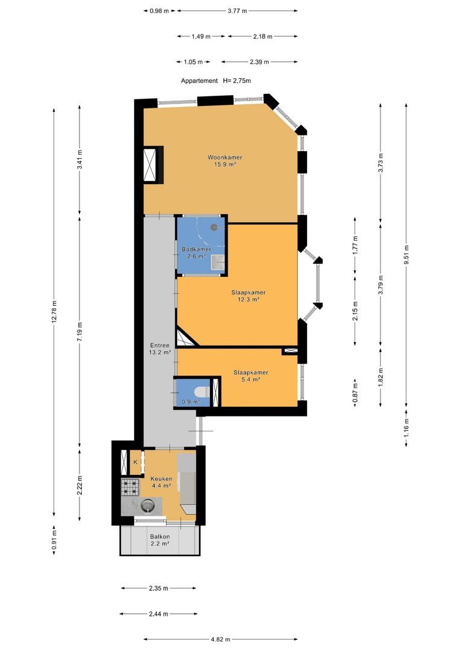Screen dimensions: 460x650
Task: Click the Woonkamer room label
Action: coord(225,158)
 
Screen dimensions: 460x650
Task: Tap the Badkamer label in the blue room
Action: coord(196,250)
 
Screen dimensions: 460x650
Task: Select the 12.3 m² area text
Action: coord(249,299)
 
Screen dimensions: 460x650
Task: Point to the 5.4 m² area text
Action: coord(250,379)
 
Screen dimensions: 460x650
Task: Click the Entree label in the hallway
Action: coord(160,345)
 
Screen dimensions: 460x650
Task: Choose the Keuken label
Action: coord(161,479)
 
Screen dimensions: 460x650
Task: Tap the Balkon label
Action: coord(160,536)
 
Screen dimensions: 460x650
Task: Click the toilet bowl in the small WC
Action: coord(202,392)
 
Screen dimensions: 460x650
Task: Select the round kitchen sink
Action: coord(148,506)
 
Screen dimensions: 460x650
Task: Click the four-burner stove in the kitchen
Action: coord(130,487)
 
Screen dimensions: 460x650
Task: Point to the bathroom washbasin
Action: coord(217,262)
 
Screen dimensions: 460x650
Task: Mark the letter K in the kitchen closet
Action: coord(135,462)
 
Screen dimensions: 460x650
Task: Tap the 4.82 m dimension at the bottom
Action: coord(220,640)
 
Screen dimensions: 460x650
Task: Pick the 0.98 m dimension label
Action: coord(160,11)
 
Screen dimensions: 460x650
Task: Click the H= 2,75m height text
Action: coord(237,81)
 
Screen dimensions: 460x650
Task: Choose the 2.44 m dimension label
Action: coord(158,614)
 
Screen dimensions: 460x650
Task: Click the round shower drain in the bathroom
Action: coord(214,227)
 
